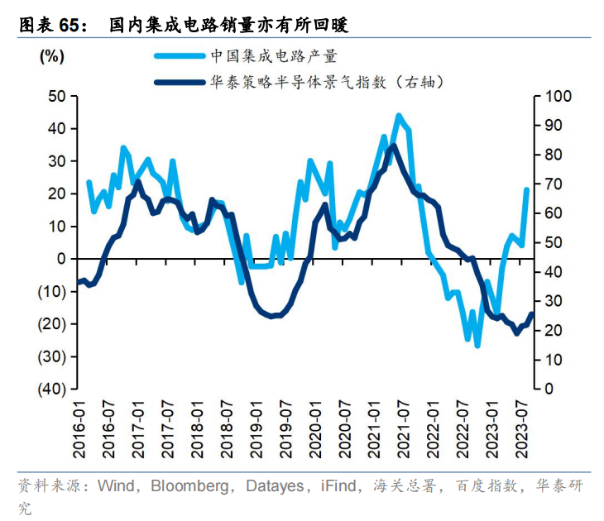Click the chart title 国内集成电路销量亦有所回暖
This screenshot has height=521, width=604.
(x=229, y=26)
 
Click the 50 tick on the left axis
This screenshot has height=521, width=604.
(x=57, y=97)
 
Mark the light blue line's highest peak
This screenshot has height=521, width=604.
(x=398, y=116)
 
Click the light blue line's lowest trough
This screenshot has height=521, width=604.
(x=477, y=345)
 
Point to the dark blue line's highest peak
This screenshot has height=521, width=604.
(x=392, y=146)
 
